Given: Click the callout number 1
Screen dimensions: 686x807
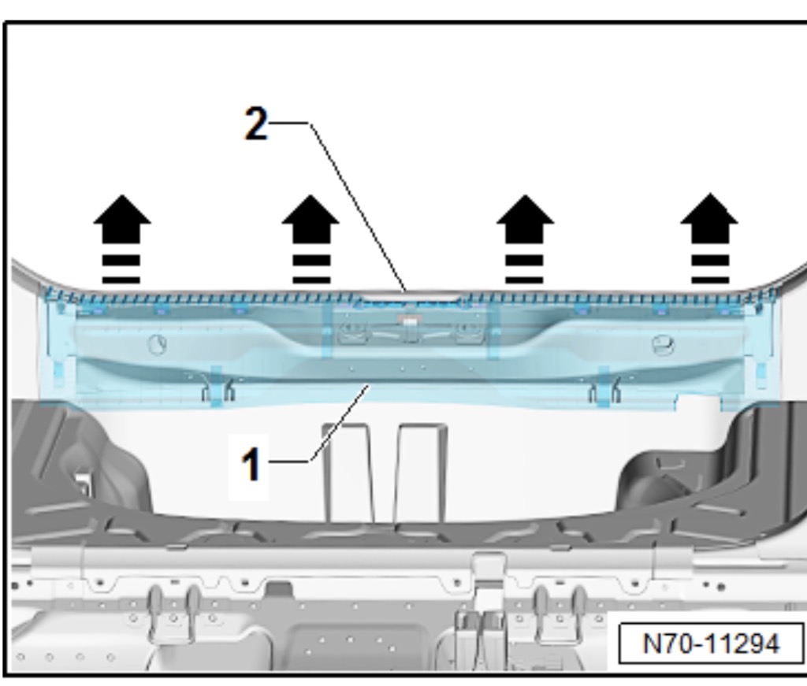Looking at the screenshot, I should click(251, 463).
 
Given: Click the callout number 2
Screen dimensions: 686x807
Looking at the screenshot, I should click(256, 124).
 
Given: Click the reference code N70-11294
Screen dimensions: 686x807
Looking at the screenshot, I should click(711, 643).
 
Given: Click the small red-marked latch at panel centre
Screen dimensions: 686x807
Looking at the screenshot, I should click(408, 321).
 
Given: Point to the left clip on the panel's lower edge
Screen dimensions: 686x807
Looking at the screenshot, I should click(217, 387).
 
